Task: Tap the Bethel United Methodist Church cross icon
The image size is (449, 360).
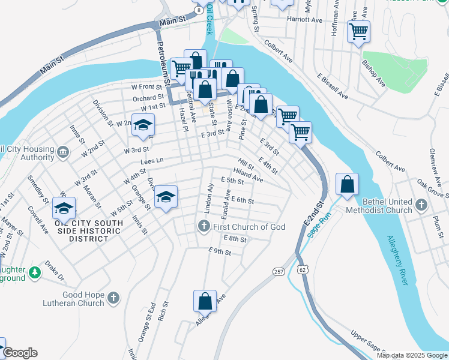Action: [x=421, y=206]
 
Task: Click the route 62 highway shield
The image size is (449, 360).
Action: [x=302, y=271]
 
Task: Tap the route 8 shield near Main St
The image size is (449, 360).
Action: [x=198, y=11]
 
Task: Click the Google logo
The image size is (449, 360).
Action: [x=19, y=353]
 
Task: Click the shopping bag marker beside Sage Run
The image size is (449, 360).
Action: [x=348, y=185]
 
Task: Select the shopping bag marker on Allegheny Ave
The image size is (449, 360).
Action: [x=205, y=301]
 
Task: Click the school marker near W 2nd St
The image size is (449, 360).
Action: [x=143, y=125]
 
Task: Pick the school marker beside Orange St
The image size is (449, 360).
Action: [x=166, y=196]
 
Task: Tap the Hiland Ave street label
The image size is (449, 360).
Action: [x=248, y=175]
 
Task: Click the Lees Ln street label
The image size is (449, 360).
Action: [x=152, y=161]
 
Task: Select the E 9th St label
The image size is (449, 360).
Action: [x=220, y=251]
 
